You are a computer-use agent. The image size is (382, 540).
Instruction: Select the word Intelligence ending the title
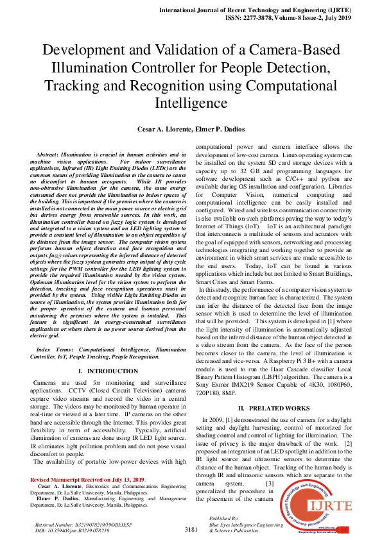click(x=191, y=102)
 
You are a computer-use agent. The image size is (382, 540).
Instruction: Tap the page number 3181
click(x=191, y=530)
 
